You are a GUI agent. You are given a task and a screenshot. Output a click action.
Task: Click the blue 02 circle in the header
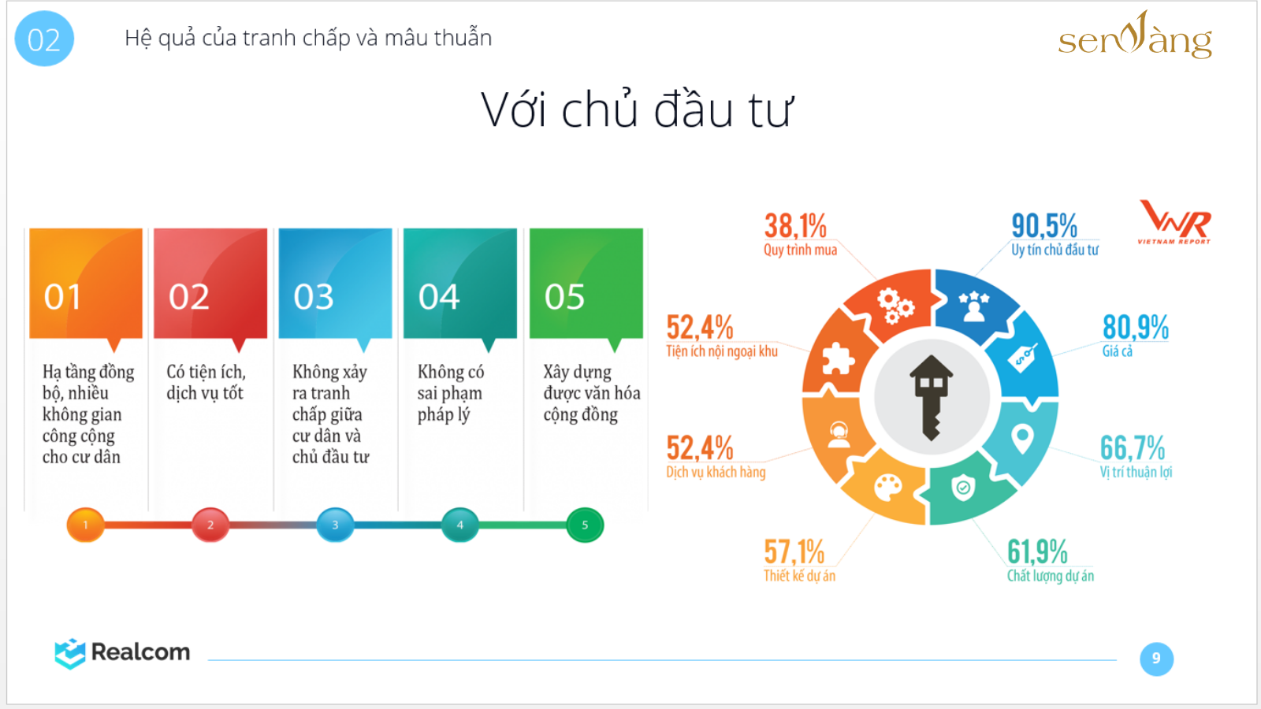[x=44, y=39]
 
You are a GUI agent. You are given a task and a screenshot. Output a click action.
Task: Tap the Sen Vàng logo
[x=1135, y=35]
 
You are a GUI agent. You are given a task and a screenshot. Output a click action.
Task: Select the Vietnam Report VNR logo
[x=1174, y=221]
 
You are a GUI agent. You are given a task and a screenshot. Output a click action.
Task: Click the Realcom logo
[x=123, y=653]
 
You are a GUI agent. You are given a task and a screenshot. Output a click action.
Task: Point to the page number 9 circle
[x=1156, y=659]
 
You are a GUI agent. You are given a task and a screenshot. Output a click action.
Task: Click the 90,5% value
[x=1044, y=226]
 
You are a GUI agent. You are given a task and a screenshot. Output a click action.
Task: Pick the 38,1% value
[x=795, y=226]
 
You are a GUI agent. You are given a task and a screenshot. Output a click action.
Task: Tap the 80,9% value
[x=1136, y=327]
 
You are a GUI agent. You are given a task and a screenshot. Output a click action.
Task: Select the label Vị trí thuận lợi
[x=1136, y=472]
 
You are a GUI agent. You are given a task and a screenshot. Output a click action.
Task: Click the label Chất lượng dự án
[x=1051, y=576]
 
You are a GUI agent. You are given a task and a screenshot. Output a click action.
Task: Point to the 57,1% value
[x=794, y=551]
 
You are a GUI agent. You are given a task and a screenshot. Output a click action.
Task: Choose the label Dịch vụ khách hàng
[x=716, y=472]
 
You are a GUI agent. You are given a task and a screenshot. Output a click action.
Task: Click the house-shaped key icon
[x=931, y=397]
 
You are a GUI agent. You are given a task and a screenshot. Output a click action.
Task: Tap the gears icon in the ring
[x=895, y=306]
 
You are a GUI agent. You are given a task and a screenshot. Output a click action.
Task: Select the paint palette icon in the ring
[x=887, y=488]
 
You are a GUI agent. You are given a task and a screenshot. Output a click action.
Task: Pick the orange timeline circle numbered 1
[x=86, y=525]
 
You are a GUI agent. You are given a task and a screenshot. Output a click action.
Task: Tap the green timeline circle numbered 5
[x=585, y=525]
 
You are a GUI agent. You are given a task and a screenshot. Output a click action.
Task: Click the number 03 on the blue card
[x=314, y=296]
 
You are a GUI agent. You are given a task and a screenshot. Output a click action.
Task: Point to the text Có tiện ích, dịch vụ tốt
[x=206, y=382]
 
